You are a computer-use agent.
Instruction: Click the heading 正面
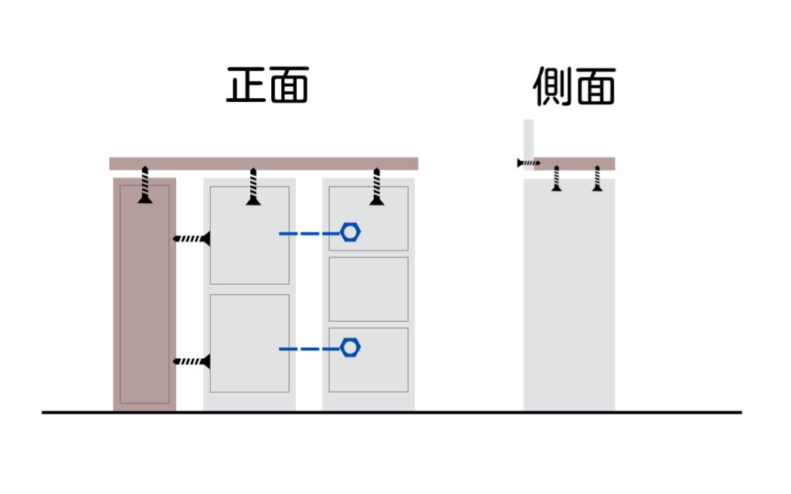(267, 85)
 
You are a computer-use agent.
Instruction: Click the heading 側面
(574, 86)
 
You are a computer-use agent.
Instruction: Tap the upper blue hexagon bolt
(350, 232)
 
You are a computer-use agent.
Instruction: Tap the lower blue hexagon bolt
(350, 348)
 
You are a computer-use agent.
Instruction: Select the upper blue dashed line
(309, 233)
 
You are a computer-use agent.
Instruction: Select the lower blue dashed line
(309, 349)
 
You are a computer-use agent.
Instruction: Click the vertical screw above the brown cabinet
(145, 185)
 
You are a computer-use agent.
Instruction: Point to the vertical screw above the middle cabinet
(253, 187)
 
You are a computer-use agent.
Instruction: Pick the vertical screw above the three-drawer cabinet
(376, 187)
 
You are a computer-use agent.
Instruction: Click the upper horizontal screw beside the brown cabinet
(192, 239)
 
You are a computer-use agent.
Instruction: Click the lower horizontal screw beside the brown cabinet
(192, 361)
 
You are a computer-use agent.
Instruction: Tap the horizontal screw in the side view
(528, 163)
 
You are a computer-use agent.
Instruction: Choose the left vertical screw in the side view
(556, 178)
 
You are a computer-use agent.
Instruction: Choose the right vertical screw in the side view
(597, 178)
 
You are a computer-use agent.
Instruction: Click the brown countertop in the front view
(264, 164)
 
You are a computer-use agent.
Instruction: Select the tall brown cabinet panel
(144, 294)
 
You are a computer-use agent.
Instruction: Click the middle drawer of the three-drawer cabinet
(368, 289)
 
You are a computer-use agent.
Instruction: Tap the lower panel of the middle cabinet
(250, 343)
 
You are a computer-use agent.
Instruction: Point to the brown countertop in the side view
(574, 164)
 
